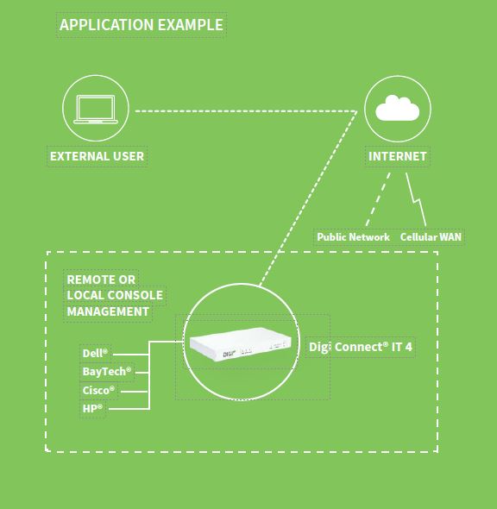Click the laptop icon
point(96,109)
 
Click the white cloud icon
point(397,108)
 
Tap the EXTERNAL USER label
point(97,156)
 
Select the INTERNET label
point(397,156)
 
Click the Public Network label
point(353,237)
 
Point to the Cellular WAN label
point(431,237)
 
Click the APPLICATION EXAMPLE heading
point(142,25)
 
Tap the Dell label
point(95,353)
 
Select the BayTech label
point(107,371)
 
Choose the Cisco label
point(98,390)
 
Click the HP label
point(92,408)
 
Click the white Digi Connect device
point(241,344)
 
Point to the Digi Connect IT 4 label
point(361,347)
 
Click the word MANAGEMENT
point(108,311)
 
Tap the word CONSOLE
point(135,295)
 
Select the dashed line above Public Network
point(378,199)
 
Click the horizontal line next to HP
point(129,409)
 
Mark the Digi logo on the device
point(229,354)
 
